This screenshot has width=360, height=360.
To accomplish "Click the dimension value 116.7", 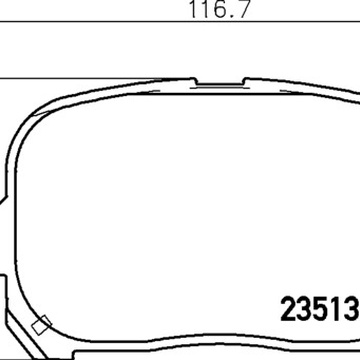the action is tap(219, 9).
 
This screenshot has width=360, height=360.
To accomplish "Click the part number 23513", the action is tap(319, 310).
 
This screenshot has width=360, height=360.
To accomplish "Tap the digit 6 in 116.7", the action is tap(218, 9).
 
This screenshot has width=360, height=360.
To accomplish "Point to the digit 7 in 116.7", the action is tap(242, 9).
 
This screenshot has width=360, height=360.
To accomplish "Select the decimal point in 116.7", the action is tap(231, 16).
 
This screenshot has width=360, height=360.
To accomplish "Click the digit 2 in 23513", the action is tap(288, 310).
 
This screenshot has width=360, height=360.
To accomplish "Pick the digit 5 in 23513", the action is tap(319, 310).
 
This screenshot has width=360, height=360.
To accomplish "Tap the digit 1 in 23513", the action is tap(334, 310).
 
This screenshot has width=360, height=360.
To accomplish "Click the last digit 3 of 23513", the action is tap(351, 310).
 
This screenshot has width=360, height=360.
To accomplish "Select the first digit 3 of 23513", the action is tap(304, 310).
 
